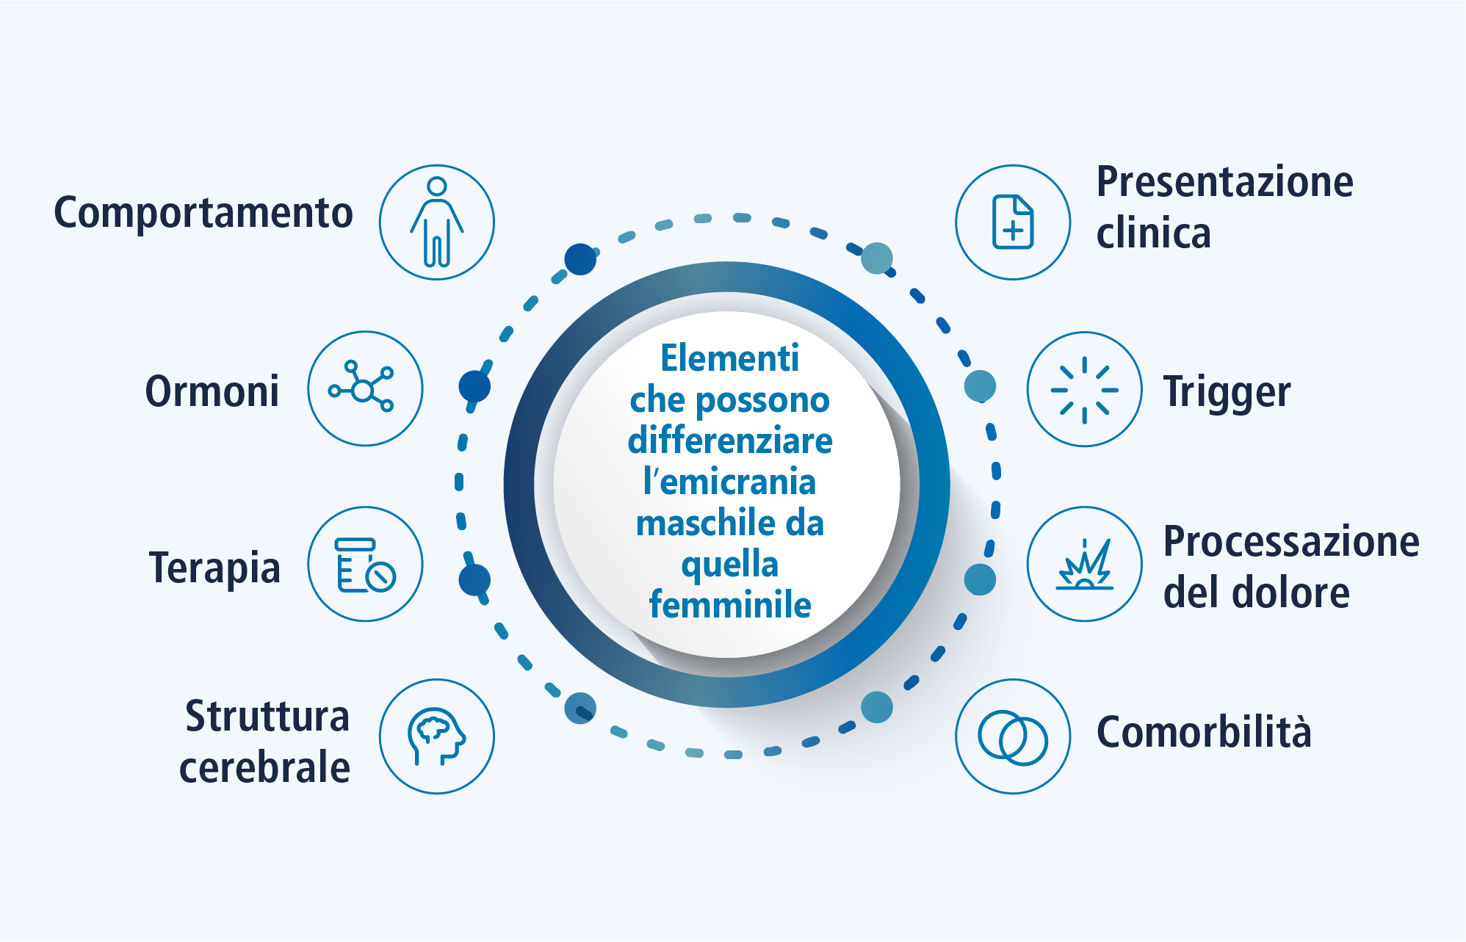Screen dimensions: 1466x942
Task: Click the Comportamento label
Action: (203, 214)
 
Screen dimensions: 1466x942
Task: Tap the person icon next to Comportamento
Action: (437, 222)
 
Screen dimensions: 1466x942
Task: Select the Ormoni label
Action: (212, 391)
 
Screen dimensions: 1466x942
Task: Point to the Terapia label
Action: (214, 568)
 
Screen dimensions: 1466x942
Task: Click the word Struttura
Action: (267, 716)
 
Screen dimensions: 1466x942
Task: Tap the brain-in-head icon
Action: (437, 736)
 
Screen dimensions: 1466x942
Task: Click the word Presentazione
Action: (1225, 183)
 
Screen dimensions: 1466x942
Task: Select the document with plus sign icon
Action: (1013, 222)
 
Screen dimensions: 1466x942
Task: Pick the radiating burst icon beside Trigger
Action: (1084, 389)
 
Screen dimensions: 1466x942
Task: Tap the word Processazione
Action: (1291, 542)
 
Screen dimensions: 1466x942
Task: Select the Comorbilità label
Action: (1204, 732)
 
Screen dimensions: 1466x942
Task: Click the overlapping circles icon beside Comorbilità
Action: (1013, 736)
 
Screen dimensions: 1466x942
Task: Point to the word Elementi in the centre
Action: (729, 358)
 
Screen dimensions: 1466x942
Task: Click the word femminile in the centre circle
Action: (730, 605)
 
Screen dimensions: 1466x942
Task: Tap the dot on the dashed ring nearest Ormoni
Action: (474, 386)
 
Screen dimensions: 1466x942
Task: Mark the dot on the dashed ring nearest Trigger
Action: (980, 386)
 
